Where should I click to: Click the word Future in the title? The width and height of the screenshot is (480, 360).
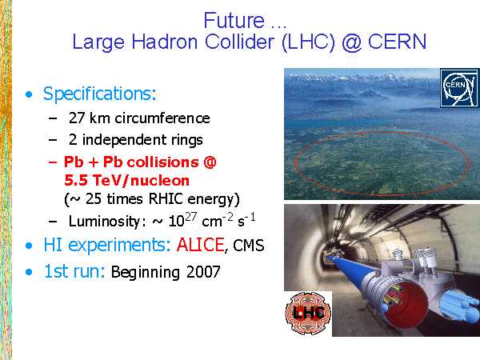(x=234, y=21)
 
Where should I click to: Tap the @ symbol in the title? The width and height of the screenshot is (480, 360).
(x=352, y=42)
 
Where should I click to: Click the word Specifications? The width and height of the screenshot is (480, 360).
(x=100, y=94)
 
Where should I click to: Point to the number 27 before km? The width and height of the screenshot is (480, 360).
(x=77, y=118)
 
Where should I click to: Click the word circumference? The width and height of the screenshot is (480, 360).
(x=162, y=118)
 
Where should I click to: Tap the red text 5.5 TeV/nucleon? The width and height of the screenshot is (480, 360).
(x=126, y=180)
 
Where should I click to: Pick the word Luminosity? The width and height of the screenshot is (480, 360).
(x=104, y=222)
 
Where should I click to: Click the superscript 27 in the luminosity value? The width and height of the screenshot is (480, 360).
(x=190, y=217)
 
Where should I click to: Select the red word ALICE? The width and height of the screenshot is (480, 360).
(x=201, y=245)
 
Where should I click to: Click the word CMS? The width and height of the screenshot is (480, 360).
(x=249, y=246)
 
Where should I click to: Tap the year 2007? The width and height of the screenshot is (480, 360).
(x=203, y=272)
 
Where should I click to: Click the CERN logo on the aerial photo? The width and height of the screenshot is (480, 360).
(x=459, y=88)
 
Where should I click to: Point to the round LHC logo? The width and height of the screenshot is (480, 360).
(x=308, y=313)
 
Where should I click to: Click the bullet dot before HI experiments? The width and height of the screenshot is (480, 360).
(x=29, y=246)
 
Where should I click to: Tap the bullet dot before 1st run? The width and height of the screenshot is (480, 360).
(x=29, y=272)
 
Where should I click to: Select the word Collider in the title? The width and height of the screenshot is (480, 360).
(x=239, y=42)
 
